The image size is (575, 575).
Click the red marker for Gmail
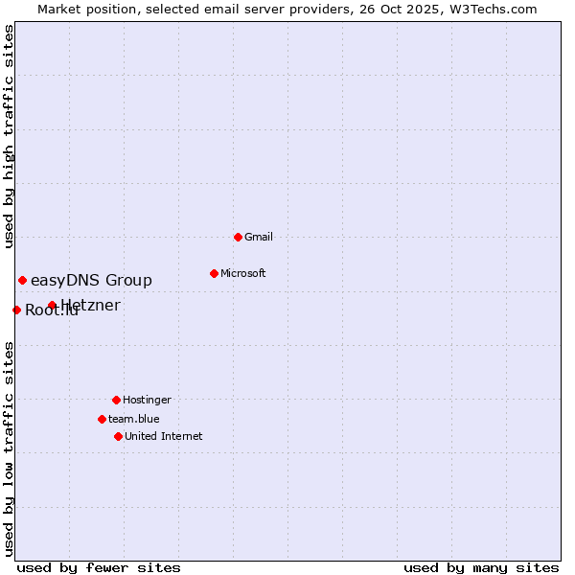238,237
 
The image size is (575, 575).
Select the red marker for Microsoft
214,273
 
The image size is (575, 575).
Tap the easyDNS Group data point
22,280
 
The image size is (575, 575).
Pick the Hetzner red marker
52,306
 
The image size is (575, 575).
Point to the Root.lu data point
16,310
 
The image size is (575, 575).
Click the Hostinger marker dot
116,400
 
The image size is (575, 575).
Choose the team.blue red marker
102,419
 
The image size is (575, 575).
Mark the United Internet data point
118,436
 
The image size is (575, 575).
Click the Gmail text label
259,237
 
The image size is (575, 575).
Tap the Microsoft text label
243,273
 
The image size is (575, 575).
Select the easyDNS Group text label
91,280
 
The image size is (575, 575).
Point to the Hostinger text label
147,400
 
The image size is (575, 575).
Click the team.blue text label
134,419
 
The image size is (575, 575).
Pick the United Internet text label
164,436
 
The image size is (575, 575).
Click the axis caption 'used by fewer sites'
99,567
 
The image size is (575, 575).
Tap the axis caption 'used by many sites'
481,567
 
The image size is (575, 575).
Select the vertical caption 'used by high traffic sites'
9,136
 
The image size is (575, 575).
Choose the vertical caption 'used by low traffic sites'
9,448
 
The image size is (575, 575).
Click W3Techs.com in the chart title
494,9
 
